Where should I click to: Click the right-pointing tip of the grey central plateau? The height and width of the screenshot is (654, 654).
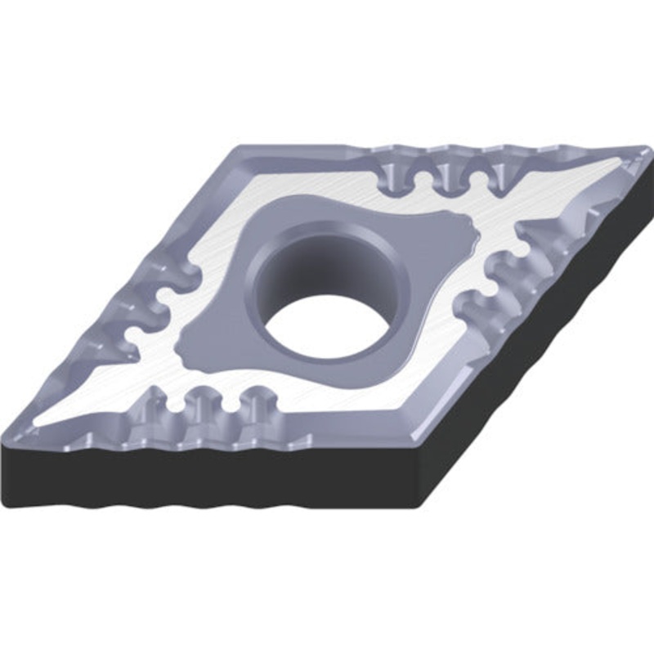click(x=475, y=237)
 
